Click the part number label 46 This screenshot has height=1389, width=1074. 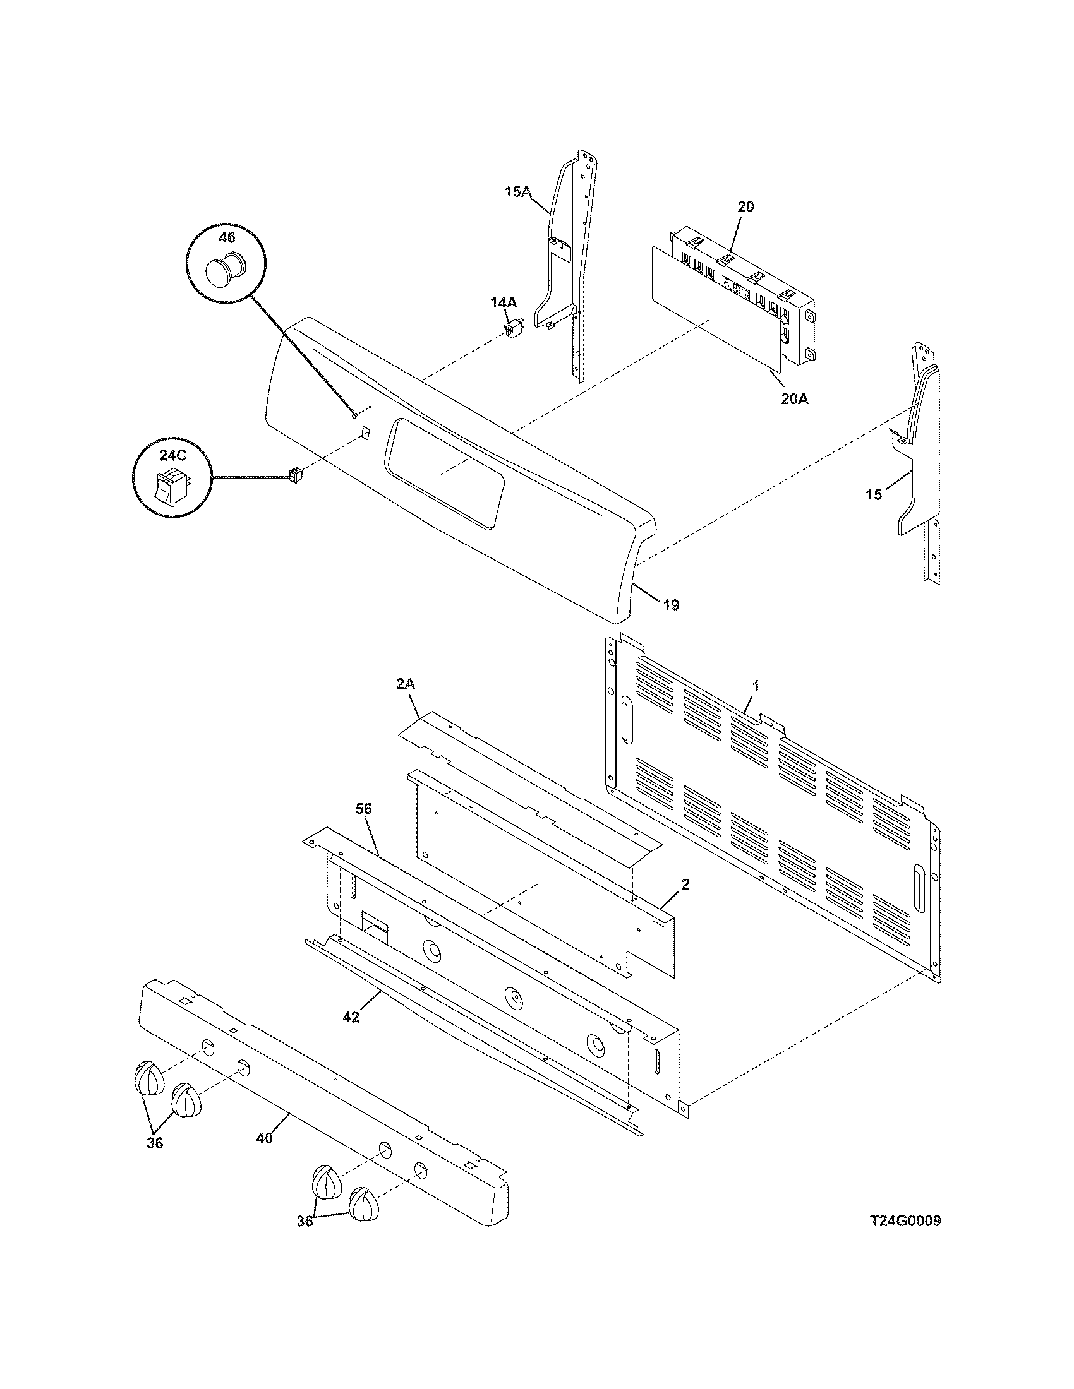point(227,238)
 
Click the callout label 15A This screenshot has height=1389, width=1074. point(517,191)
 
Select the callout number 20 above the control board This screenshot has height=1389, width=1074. point(745,206)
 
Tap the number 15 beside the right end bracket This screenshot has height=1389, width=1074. point(874,494)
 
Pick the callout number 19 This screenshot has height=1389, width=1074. point(671,605)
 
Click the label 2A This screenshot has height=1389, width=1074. point(406,684)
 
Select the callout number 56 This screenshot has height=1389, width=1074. point(364,809)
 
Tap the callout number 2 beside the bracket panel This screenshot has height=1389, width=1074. point(686,884)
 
